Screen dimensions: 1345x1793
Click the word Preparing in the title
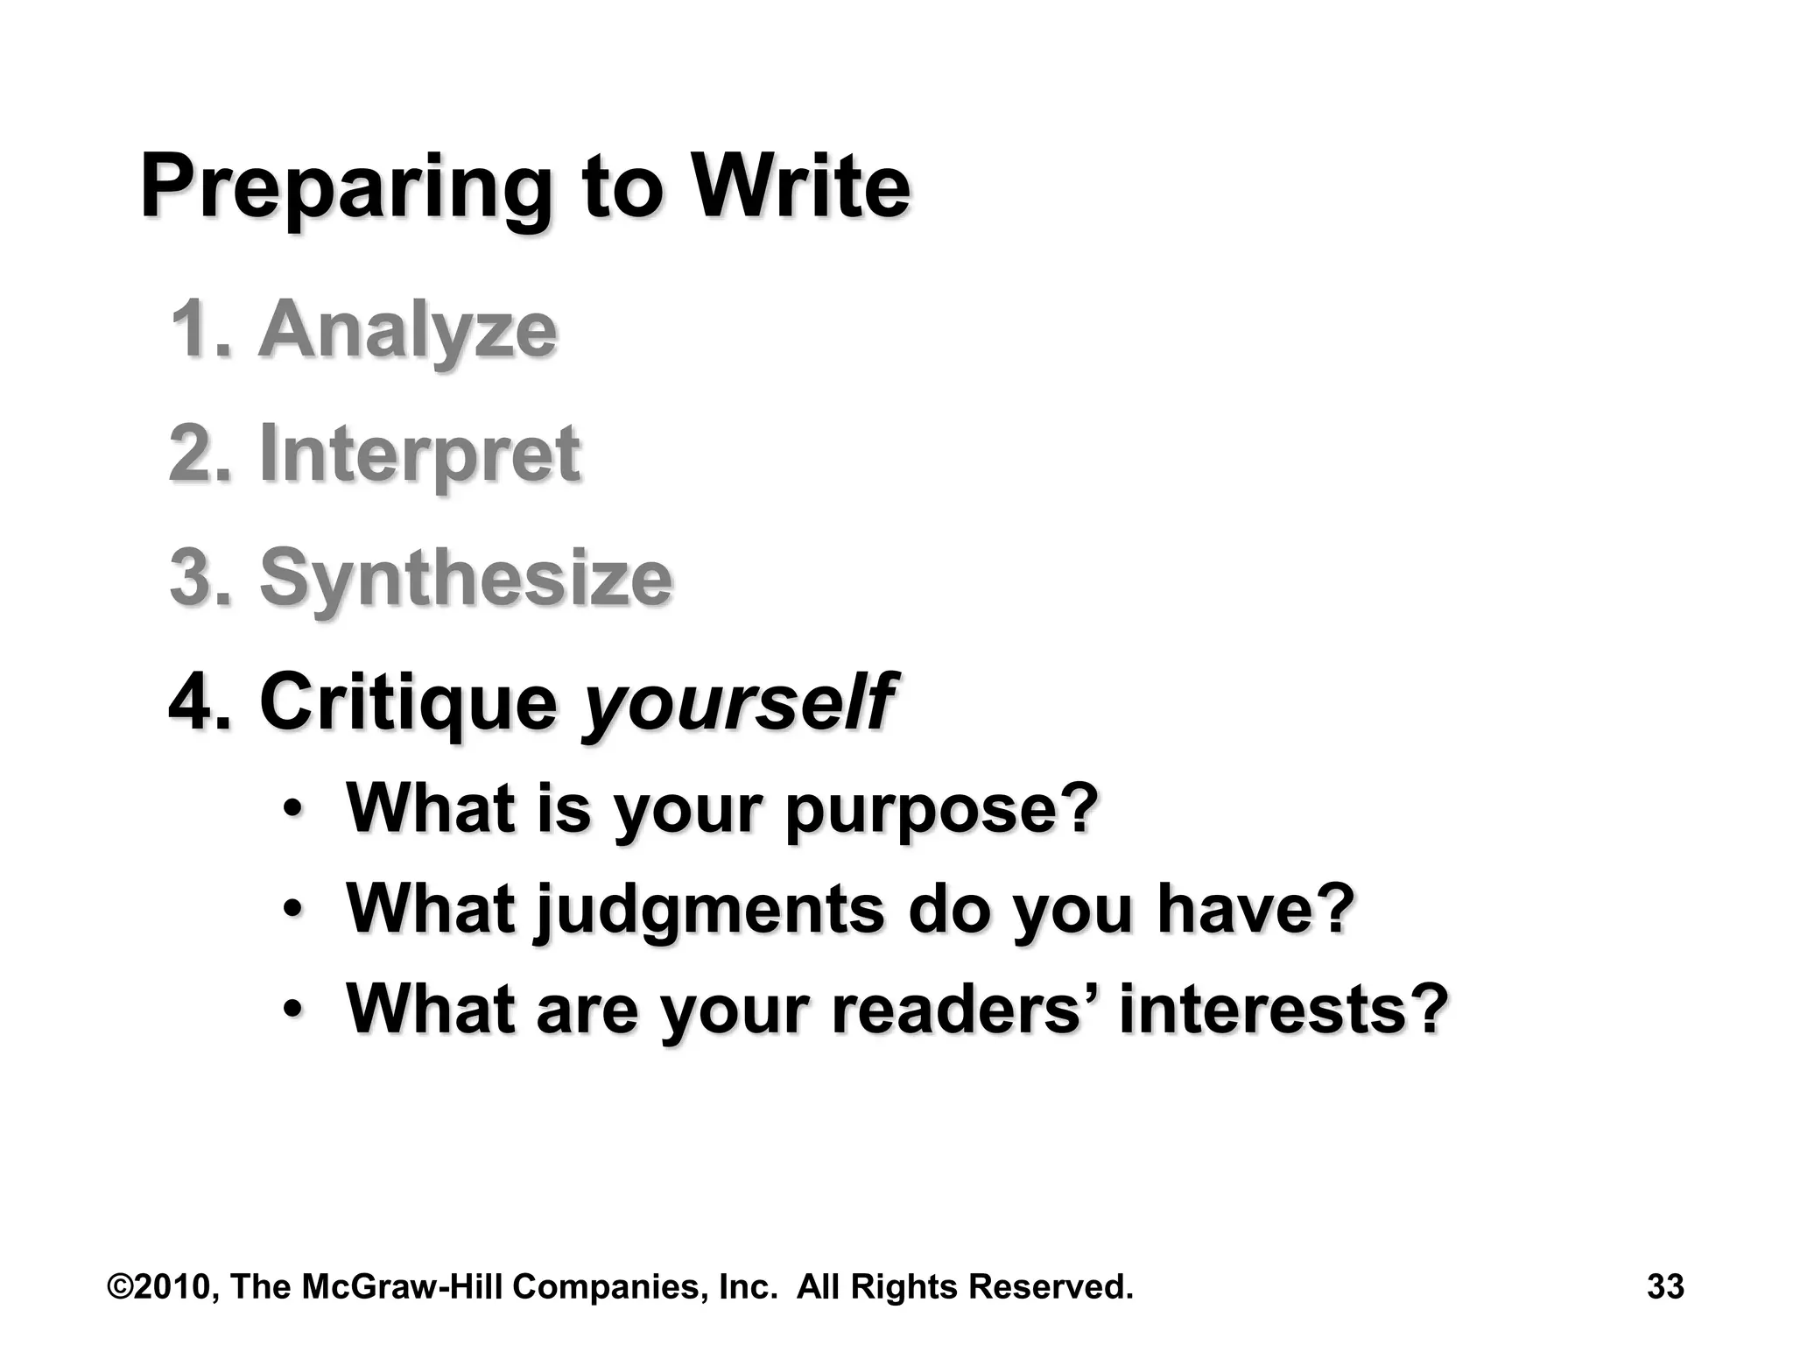tap(346, 189)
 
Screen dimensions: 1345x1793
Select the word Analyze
tap(407, 331)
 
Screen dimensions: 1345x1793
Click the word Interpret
tap(419, 454)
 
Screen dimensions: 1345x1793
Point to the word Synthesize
tap(466, 578)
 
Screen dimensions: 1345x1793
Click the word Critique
tap(408, 702)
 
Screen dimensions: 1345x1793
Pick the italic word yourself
tap(738, 702)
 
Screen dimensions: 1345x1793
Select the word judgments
tap(710, 911)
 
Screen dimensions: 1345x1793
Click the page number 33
tap(1665, 1287)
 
